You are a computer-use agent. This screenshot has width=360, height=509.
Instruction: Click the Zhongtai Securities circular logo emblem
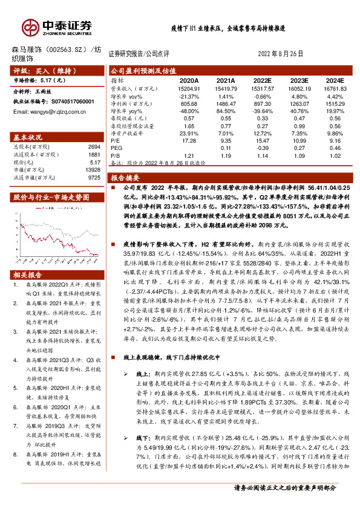coord(30,26)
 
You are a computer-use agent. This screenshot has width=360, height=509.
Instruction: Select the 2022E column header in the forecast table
coord(262,79)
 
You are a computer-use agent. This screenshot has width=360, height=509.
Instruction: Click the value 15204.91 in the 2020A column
coord(189,88)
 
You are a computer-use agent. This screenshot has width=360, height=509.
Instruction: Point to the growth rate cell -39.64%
coord(262,111)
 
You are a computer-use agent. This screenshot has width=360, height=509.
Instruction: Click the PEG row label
coord(116,148)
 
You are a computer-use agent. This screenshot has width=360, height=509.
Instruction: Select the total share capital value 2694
coord(94,147)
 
